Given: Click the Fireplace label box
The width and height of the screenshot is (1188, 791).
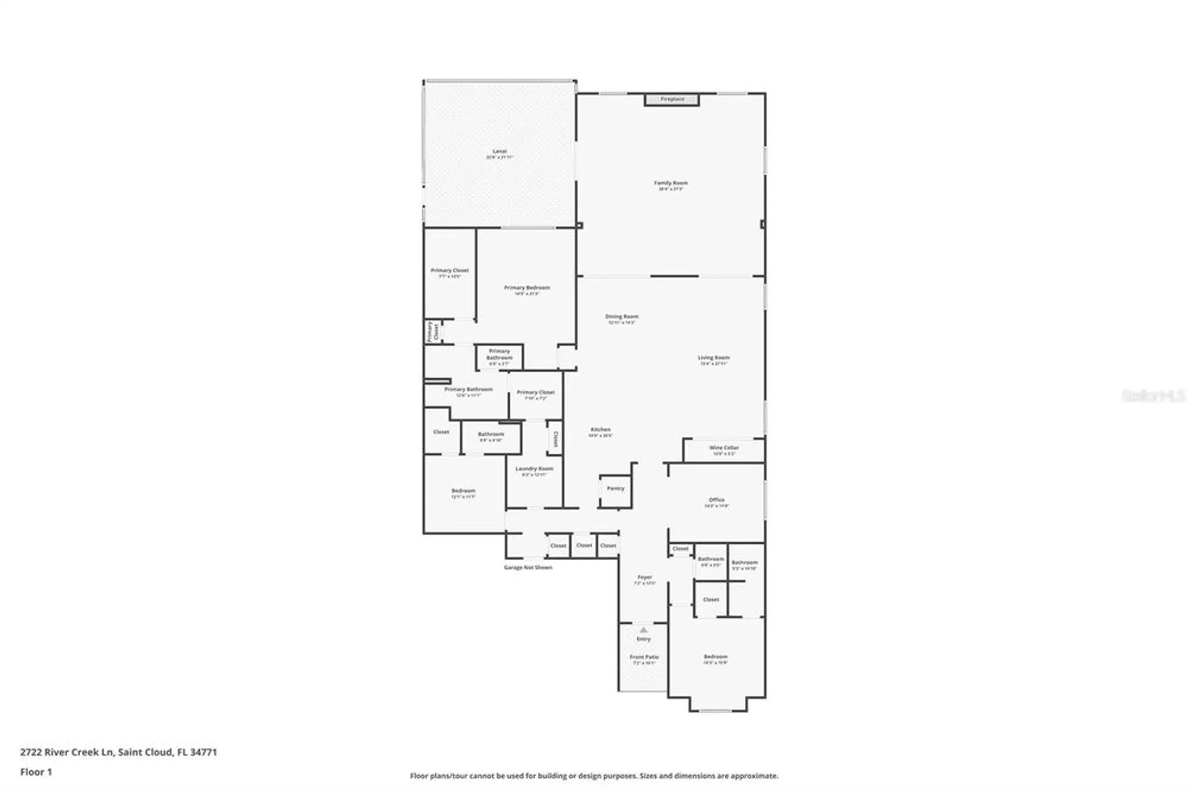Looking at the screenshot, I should pos(672,100).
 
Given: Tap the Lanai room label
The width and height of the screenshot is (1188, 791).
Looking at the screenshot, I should pos(500,152).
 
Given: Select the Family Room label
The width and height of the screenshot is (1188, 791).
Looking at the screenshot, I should pos(671,183).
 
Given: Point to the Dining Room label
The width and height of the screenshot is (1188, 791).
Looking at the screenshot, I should pos(621,317).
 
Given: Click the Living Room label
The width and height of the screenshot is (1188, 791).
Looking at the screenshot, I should pos(713,358).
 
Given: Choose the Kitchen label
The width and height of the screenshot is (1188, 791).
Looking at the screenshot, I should pos(601,430).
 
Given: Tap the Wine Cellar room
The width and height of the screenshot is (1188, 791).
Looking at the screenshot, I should pos(723,450).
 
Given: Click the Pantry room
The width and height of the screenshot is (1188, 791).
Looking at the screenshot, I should pos(615,489).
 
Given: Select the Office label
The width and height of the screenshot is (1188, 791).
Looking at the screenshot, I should pos(716,500).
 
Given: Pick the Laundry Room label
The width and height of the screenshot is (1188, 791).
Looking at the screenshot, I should pos(534,469).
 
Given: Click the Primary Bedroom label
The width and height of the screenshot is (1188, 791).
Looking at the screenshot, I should pos(527,288).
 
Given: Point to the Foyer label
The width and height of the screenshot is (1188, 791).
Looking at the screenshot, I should pos(644,577).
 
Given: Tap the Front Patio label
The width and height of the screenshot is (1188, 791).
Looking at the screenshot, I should pos(644,657).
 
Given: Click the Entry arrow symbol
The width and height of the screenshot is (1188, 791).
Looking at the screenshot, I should pos(643,629).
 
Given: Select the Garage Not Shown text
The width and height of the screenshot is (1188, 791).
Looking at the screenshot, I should pos(528,568).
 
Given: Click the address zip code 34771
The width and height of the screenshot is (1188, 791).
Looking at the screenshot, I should pos(203,752).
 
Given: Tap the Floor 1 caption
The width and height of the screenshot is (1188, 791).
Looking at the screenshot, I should pos(36,772).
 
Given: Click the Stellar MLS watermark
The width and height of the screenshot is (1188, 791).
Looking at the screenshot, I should pos(1153,395).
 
